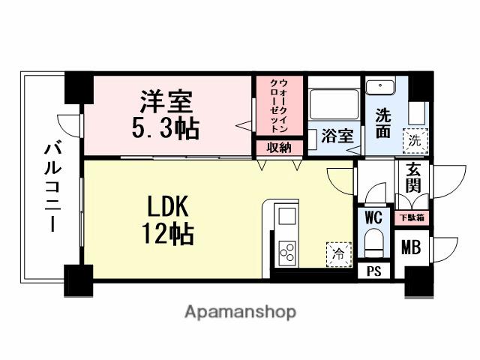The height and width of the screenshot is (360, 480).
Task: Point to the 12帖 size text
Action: point(169,233)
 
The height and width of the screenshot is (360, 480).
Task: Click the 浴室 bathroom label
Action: point(337,136)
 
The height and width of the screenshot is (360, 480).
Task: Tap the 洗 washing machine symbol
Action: point(414,139)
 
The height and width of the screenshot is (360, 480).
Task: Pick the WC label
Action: point(373,217)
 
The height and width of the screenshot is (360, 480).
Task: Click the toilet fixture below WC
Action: point(373,244)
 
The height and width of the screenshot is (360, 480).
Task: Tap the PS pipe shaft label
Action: point(373,272)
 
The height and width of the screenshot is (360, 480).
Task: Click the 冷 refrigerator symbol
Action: point(338,253)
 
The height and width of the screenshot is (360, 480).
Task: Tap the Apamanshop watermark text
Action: point(240,311)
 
